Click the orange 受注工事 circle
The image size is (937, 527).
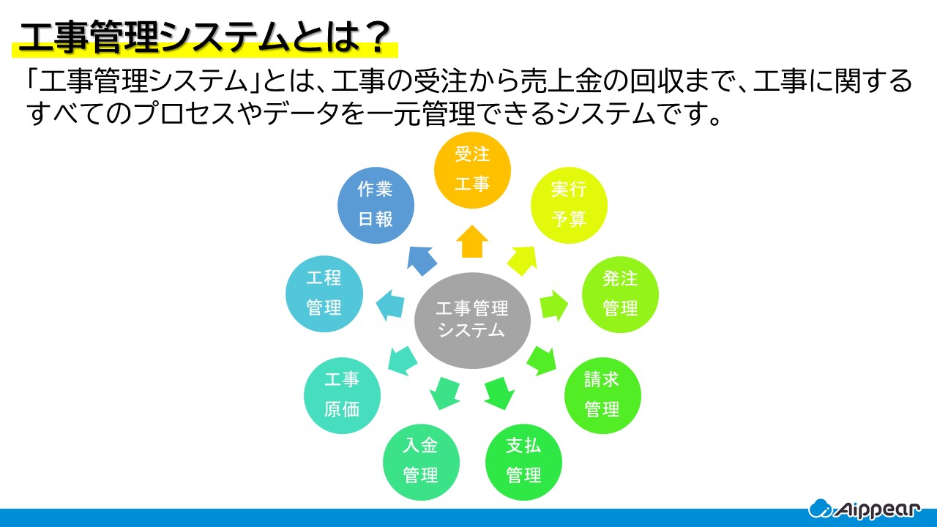coord(472,170)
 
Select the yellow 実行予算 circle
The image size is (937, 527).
coord(569,204)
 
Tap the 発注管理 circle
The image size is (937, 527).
coord(620,294)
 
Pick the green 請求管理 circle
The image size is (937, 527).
coord(602,395)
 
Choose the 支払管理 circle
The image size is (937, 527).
coord(523,461)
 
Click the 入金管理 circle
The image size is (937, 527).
coord(421,461)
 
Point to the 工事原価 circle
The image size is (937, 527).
coord(342,395)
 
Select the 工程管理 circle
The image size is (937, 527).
coord(324,294)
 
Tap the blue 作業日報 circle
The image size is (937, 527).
coord(376,204)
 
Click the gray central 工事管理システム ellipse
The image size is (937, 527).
coord(472,321)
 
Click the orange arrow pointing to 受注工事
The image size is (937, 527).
coord(472,242)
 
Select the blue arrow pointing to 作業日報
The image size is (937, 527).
coord(422,260)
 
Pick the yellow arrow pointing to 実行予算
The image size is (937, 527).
coord(523,260)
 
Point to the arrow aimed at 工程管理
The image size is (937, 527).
coord(391,303)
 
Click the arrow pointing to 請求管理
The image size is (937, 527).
coord(542,359)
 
